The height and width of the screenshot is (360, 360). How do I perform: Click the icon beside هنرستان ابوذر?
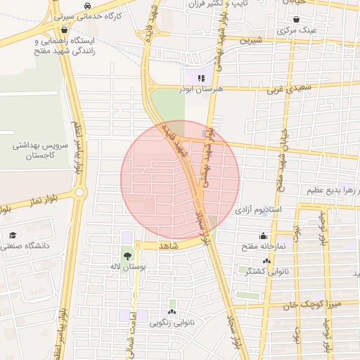click(201, 79)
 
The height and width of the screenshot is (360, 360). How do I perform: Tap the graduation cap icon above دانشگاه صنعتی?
click(12, 236)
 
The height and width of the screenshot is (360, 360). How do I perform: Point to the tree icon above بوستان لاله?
click(127, 257)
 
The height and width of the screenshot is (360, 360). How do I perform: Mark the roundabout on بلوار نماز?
click(79, 192)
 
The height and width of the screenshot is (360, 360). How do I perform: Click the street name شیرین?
click(250, 41)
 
